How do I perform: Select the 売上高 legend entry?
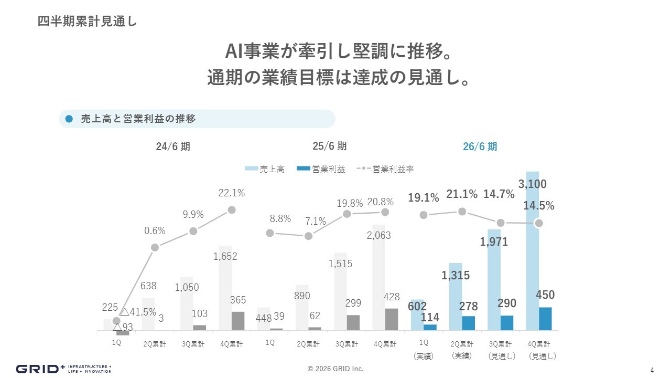[x=265, y=169]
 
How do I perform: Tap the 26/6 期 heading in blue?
[x=480, y=146]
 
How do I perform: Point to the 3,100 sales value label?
[x=532, y=184]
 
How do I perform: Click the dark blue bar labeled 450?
[x=545, y=319]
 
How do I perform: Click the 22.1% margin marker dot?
[x=232, y=210]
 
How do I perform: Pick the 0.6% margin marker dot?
[x=155, y=248]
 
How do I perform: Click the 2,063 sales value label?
[x=378, y=236]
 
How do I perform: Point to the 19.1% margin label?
[x=424, y=198]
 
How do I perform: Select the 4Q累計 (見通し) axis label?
[x=539, y=350]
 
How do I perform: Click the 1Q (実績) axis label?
[x=424, y=350]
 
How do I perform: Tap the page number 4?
[x=652, y=369]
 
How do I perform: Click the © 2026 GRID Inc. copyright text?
[x=335, y=369]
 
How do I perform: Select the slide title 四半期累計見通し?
[x=87, y=22]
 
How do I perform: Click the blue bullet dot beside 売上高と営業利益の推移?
[x=69, y=119]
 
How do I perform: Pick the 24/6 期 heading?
[x=173, y=146]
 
